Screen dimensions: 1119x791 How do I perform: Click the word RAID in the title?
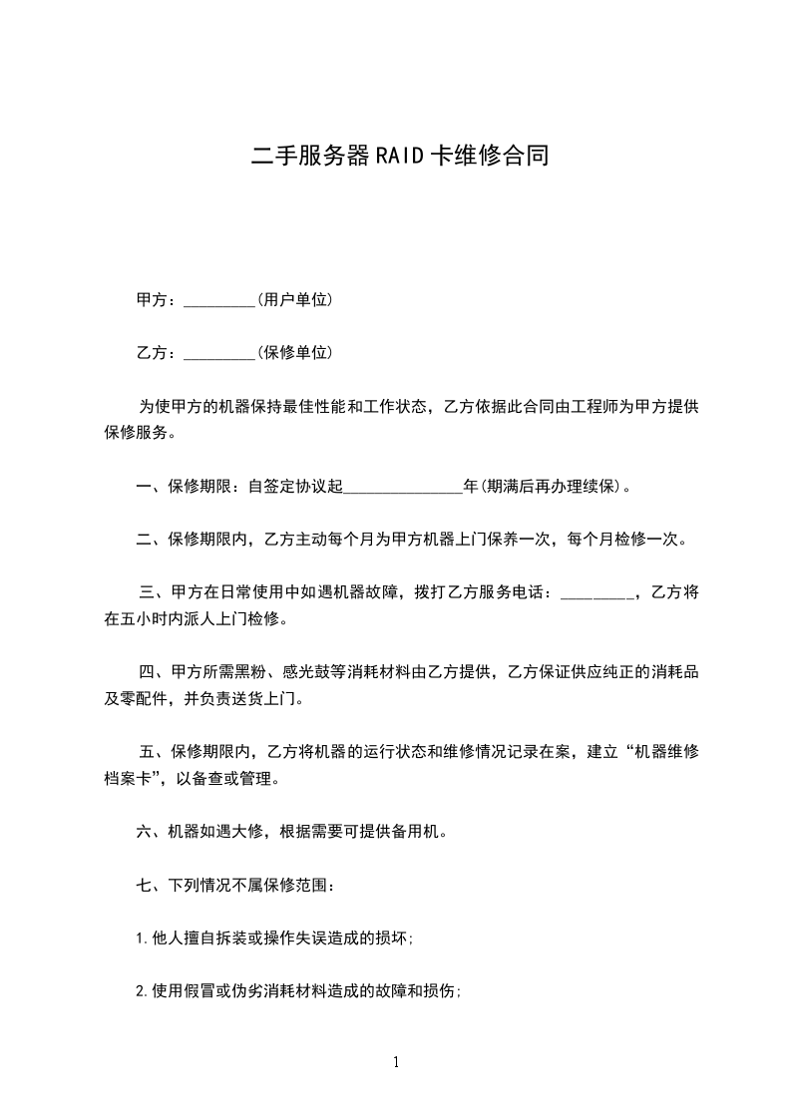[398, 156]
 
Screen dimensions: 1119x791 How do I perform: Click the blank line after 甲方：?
[220, 300]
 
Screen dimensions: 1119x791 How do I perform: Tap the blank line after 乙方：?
[220, 353]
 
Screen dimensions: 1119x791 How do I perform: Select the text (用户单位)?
[294, 299]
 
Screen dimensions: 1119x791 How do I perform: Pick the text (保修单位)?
[294, 352]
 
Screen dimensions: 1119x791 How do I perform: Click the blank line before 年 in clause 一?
[403, 488]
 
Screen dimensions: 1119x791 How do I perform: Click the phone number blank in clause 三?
[596, 593]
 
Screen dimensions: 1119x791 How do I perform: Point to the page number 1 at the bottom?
[396, 1062]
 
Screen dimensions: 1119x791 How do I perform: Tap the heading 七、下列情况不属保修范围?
[242, 885]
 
